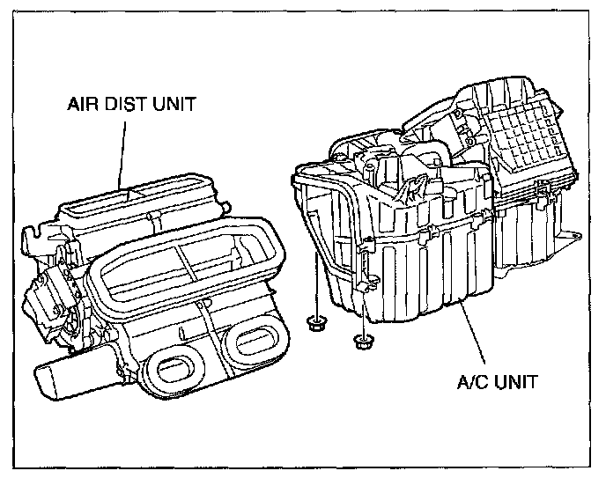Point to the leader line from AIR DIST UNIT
click(x=124, y=150)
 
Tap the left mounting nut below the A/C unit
click(x=314, y=324)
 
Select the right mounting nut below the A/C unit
click(x=359, y=339)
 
